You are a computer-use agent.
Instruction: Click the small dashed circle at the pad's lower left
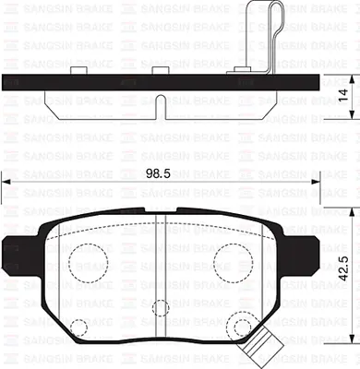coord(80,327)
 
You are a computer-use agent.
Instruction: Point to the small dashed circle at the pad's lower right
coord(243,327)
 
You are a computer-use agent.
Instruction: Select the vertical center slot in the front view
coord(162,277)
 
